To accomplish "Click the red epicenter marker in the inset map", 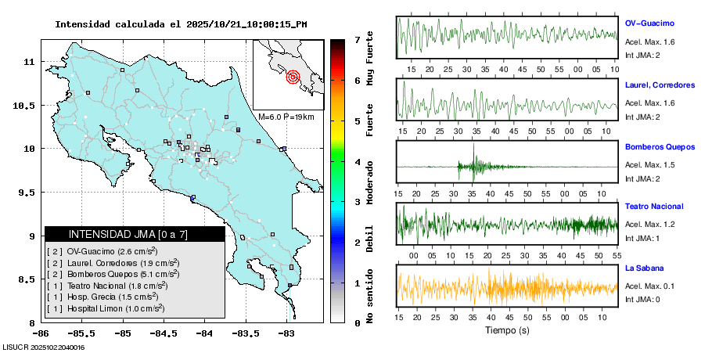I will tap(293, 77).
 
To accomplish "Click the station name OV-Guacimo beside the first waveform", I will tap(649, 23).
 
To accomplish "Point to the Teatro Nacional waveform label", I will tap(654, 207).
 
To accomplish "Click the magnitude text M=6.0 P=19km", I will tap(286, 117).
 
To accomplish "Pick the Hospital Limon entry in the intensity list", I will tap(106, 309).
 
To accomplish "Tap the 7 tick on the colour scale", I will tap(357, 39).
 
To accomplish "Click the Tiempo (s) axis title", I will tap(507, 330).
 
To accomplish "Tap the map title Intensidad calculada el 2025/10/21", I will tap(180, 24).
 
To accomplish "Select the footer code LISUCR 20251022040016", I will tap(44, 347).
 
